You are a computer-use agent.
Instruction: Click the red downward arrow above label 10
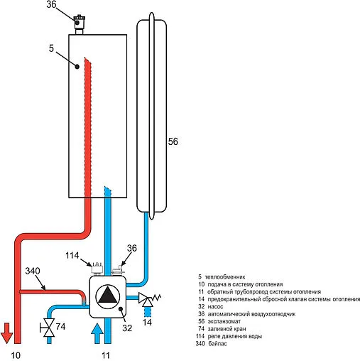point(6,333)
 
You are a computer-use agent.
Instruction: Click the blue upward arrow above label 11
point(97,333)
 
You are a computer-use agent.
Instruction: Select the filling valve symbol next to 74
point(48,328)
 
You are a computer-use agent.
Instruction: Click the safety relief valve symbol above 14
point(148,299)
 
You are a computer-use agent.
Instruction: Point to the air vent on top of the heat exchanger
point(78,25)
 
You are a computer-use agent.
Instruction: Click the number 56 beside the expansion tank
point(173,141)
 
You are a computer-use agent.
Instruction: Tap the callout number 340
point(33,271)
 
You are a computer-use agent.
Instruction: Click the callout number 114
point(72,255)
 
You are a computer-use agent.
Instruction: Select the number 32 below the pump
point(127,328)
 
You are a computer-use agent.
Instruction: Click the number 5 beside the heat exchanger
point(51,48)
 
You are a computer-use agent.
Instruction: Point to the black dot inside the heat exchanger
point(77,67)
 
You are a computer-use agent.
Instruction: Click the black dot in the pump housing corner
point(121,308)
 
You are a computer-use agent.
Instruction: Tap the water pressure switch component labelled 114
point(97,269)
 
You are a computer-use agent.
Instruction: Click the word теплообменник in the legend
point(222,276)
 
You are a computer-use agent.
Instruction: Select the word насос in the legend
point(215,306)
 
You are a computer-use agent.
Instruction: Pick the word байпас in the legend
point(217,344)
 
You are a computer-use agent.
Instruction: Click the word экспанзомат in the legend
point(224,321)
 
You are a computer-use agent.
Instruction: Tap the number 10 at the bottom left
point(16,355)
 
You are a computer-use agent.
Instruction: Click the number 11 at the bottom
point(106,355)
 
